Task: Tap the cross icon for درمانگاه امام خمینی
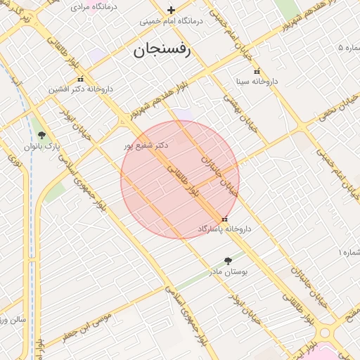171,10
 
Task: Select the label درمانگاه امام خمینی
172,21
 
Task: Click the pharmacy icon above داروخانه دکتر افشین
81,79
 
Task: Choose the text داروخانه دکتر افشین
81,89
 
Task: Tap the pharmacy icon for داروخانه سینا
256,71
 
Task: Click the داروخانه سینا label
256,82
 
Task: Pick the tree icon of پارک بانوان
41,135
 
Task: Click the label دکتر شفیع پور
146,146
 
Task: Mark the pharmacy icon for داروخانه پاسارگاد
224,219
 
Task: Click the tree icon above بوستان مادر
227,260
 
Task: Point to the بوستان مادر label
227,271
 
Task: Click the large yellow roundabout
326,333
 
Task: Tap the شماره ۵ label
349,48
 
